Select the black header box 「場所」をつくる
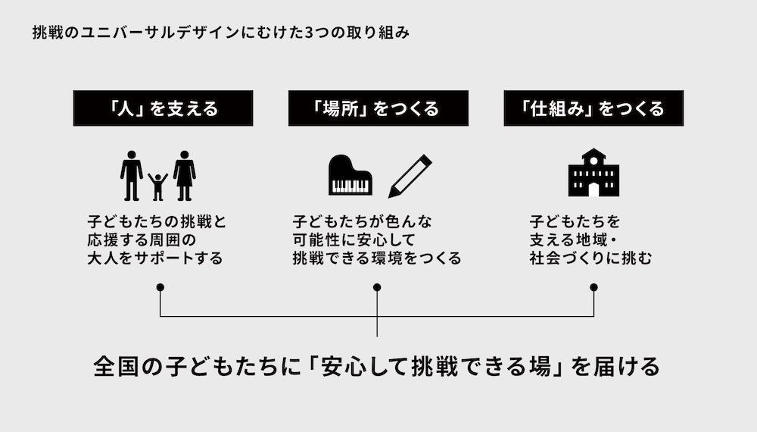378,108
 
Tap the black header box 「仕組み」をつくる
593,108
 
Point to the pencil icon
410,176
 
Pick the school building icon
593,173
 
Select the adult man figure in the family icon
132,175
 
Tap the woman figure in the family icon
184,175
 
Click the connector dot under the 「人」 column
160,287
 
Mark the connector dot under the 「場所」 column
377,287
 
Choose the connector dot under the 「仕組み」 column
593,287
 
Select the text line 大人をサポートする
155,258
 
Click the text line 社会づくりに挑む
590,258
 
